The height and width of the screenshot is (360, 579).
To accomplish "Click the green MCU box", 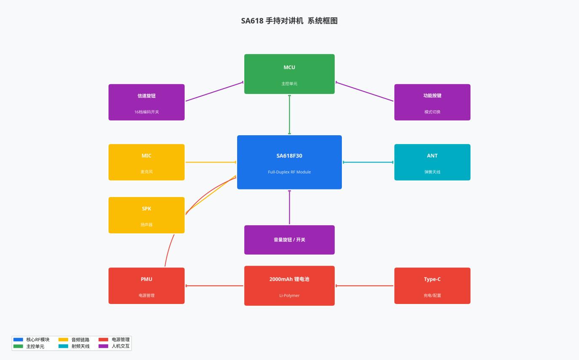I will pos(289,74).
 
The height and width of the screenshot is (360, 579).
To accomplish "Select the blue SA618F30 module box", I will pos(289,162).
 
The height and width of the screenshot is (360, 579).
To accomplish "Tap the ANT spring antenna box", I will pos(432,162).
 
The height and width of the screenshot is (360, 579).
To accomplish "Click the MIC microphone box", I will pos(147,162).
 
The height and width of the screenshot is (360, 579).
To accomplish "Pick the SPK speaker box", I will pos(147,215).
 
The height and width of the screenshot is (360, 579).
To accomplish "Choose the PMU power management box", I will pos(147,285).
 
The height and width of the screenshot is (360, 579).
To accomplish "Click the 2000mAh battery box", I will pos(289,285).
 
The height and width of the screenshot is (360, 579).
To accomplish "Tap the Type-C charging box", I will pos(432,285).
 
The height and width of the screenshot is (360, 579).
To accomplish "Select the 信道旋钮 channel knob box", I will pos(147,102).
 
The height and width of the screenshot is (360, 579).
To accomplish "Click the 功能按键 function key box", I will pos(432,102).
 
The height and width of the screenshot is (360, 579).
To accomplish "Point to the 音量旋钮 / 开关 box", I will pos(289,240).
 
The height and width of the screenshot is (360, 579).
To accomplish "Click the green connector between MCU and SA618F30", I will pos(289,115).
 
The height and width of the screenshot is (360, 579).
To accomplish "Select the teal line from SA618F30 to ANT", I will pos(368,162).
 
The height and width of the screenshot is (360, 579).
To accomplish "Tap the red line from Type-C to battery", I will pos(365,286).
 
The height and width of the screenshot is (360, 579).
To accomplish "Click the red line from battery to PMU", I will pos(214,286).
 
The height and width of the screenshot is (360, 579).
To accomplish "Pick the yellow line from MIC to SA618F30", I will pos(211,162).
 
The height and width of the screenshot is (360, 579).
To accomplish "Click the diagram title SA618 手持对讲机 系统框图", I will pos(289,21).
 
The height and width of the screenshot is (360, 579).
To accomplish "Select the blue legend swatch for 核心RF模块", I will pos(18,339).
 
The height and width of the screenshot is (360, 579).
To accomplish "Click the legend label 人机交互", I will pos(120,346).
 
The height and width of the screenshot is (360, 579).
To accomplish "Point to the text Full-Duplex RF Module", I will pos(289,172).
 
